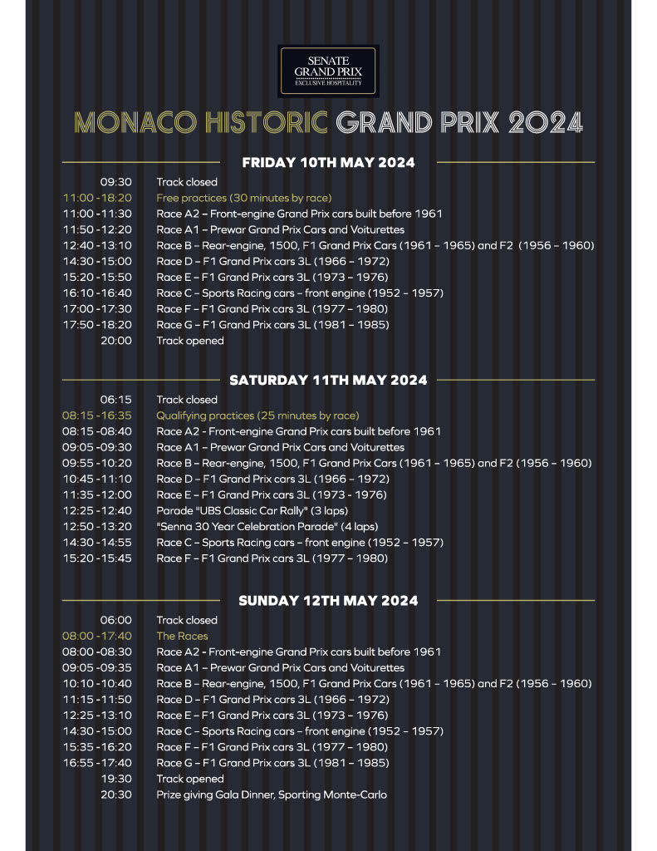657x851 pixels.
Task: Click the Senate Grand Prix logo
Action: tap(328, 71)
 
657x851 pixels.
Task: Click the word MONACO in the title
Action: tap(130, 122)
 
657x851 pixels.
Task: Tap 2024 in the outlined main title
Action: tap(545, 122)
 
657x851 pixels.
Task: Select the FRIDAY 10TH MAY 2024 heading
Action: tap(328, 163)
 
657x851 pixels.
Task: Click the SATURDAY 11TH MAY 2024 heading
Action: tap(328, 380)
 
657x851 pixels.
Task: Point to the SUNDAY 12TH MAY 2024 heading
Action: tap(328, 600)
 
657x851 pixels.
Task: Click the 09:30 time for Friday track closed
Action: tap(116, 182)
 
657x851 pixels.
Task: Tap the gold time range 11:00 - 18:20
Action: tap(97, 198)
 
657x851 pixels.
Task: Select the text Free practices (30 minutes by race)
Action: tap(244, 198)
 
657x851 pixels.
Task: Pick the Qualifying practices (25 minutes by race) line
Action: tap(257, 416)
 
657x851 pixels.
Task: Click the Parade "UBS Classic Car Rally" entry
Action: tap(253, 511)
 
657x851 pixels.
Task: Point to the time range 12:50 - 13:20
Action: tap(97, 527)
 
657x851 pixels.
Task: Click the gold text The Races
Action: tap(182, 637)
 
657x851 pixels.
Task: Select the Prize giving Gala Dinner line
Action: tap(272, 795)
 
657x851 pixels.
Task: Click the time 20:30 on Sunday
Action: tap(116, 795)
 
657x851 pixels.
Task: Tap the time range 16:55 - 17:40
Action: tap(97, 763)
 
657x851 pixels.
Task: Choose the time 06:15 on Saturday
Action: tap(116, 400)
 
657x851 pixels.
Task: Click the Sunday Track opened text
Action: tap(190, 780)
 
